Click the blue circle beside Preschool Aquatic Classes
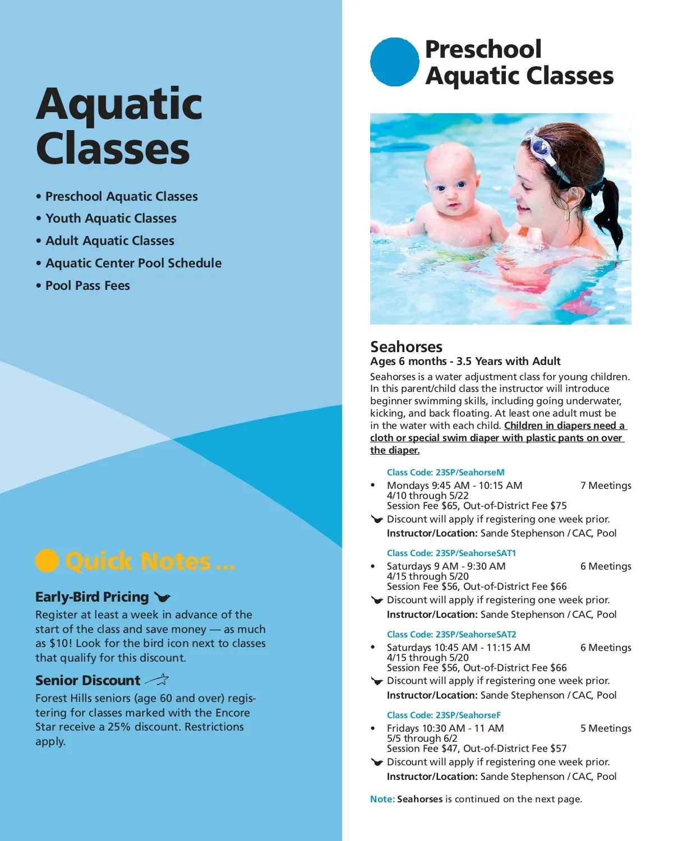(395, 62)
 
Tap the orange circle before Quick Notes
(47, 560)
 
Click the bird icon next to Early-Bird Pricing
(162, 597)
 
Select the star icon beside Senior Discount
(158, 680)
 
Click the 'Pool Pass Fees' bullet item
(87, 285)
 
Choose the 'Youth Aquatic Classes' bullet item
(110, 218)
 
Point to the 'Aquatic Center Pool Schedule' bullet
(133, 263)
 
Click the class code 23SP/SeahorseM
(446, 472)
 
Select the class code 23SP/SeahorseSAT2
(451, 634)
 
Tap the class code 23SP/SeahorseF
(444, 715)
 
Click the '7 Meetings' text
(606, 486)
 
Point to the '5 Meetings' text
(606, 728)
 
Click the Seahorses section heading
(406, 346)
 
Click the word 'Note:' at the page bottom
(382, 799)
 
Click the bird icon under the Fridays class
(377, 762)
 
